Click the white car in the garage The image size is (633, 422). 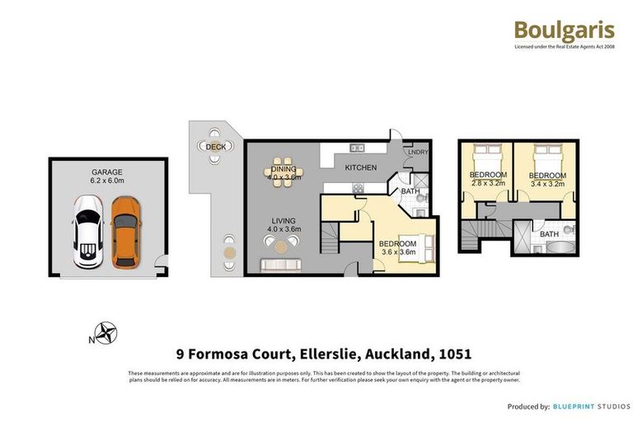(88, 232)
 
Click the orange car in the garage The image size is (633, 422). (124, 232)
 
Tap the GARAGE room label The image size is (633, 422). (107, 172)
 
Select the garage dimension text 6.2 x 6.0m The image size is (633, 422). (107, 181)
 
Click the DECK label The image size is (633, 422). (215, 147)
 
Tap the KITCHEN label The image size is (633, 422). (360, 167)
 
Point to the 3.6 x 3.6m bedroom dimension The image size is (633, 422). (397, 253)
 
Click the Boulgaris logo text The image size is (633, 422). (564, 30)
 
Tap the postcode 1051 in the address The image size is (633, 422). (454, 354)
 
